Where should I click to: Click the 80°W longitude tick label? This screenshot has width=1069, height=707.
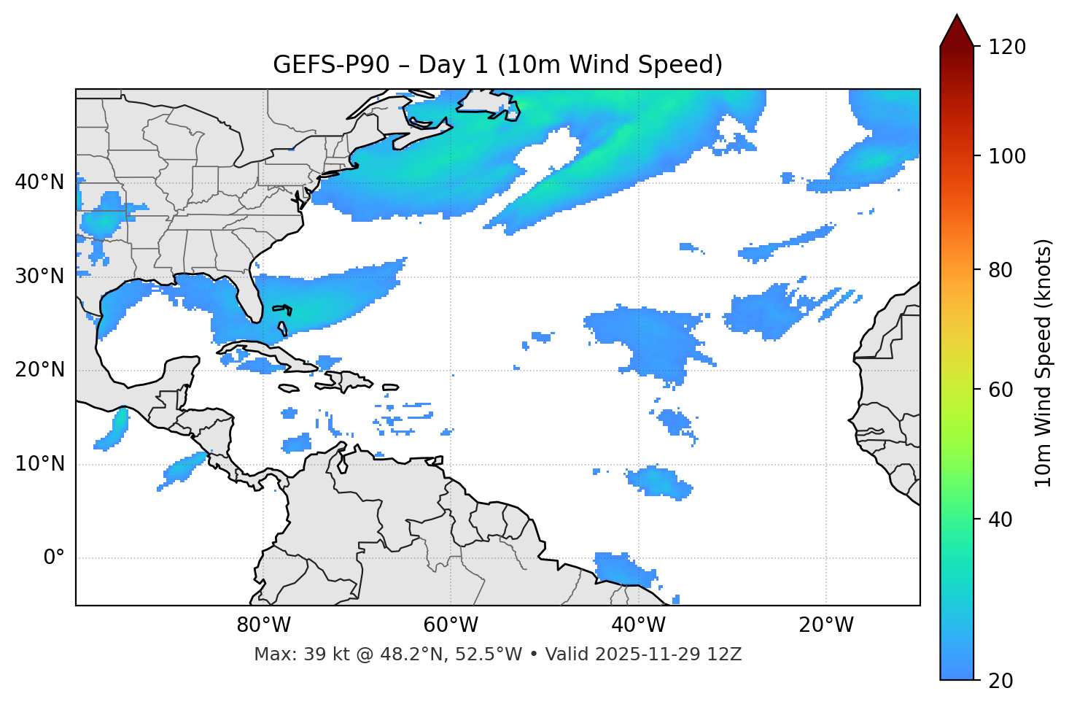click(263, 625)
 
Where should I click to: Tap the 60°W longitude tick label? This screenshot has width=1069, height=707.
click(451, 625)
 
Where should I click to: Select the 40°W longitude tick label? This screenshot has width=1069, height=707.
click(638, 625)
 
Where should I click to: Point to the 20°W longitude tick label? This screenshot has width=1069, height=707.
click(826, 625)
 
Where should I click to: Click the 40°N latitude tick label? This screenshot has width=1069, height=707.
click(39, 182)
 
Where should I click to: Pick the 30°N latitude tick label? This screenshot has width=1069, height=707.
click(39, 277)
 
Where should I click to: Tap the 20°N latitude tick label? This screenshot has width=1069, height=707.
click(39, 370)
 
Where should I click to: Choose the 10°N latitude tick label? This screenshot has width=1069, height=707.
click(39, 464)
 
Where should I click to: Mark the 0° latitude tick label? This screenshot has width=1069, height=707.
click(54, 558)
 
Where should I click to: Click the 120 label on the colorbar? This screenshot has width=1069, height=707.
click(1007, 47)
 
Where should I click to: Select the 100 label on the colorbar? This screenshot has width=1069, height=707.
click(1007, 156)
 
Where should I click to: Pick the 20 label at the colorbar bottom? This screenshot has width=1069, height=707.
click(1000, 681)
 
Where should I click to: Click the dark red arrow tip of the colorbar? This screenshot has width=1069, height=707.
click(957, 22)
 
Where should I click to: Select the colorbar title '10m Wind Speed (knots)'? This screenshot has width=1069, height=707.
click(1043, 363)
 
